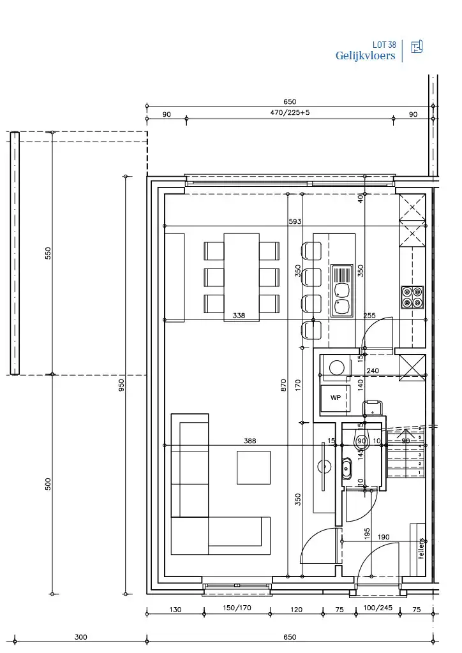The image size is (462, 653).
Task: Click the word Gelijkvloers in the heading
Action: tap(365, 56)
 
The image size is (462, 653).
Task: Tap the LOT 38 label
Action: tap(384, 45)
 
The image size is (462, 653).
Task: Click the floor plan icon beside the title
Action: tap(417, 47)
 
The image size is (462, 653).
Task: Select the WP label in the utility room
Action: tap(336, 397)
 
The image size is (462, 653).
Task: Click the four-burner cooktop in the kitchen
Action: tap(412, 297)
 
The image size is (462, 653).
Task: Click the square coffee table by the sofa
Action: tap(253, 467)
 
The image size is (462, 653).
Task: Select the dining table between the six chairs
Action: tap(241, 277)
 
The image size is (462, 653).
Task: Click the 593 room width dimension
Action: tap(295, 221)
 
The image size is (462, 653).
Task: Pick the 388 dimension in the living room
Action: tap(250, 441)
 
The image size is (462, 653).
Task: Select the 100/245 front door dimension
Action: tap(377, 608)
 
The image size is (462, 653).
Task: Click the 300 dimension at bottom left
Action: tap(80, 637)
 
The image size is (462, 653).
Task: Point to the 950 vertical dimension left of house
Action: tap(121, 385)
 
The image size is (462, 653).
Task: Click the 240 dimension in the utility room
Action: tap(373, 371)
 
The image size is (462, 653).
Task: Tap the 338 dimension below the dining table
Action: tap(239, 315)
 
